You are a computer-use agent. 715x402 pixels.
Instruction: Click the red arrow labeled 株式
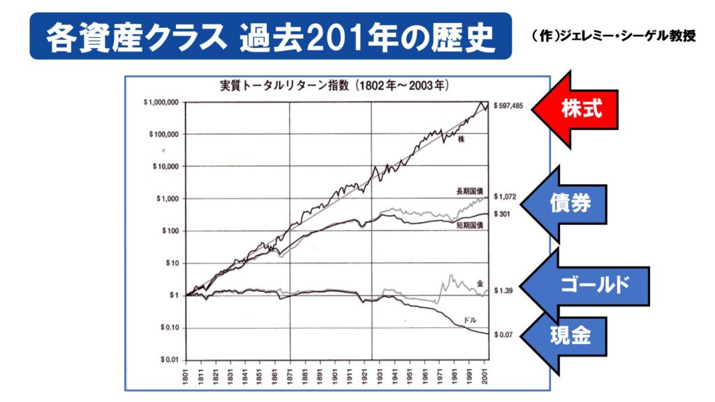[x=576, y=109]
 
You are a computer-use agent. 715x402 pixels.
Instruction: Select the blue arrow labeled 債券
[x=567, y=204]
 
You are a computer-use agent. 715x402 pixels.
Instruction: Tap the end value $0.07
[x=504, y=335]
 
